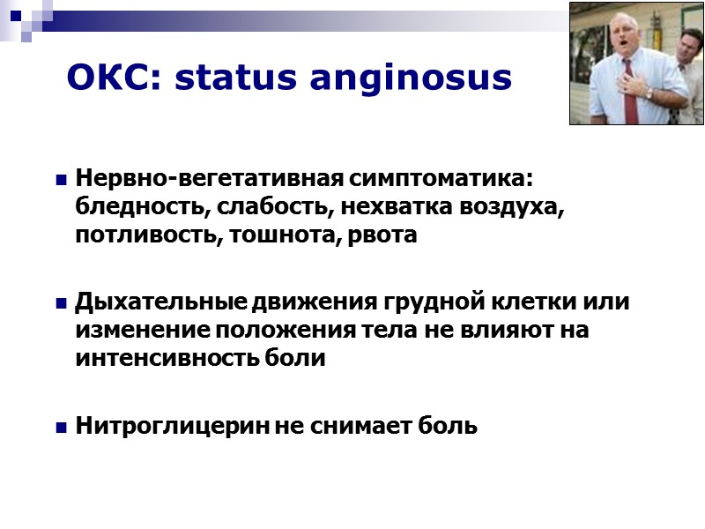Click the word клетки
(x=536, y=302)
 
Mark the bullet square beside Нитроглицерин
(x=62, y=428)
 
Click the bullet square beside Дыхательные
(x=62, y=303)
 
